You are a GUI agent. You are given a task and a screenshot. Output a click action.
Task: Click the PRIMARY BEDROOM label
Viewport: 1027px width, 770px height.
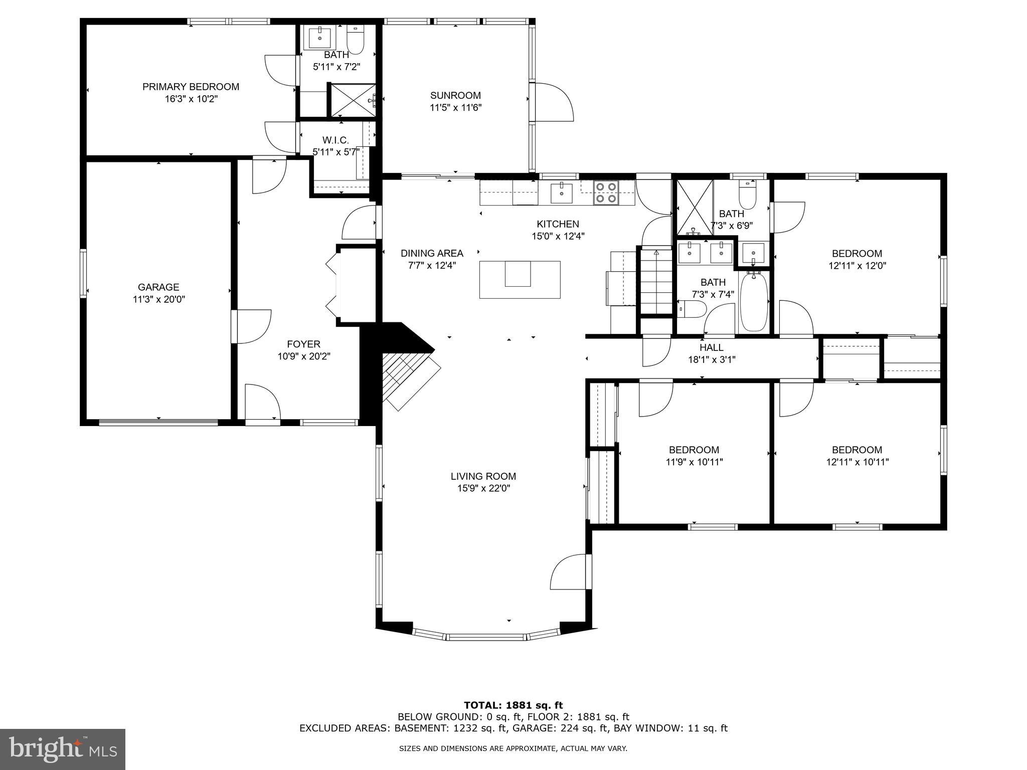click(x=191, y=87)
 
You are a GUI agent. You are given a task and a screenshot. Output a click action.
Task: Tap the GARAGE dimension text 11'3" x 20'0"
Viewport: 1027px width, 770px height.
click(x=158, y=300)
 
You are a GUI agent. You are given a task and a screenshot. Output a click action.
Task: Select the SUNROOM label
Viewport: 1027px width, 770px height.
click(x=455, y=95)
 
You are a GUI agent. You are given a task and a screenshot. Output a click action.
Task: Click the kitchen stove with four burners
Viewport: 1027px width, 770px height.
click(x=606, y=192)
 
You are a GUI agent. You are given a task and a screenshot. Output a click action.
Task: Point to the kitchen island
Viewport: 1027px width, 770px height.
click(x=519, y=279)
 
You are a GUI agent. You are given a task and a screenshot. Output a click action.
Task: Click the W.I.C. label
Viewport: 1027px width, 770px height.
click(x=335, y=140)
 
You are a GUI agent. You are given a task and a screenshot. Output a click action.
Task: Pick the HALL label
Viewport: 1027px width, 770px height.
click(x=711, y=347)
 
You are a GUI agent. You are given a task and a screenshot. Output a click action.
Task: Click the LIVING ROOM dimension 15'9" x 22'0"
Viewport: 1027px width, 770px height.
click(x=483, y=489)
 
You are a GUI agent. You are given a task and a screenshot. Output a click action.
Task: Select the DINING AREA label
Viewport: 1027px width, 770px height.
click(x=431, y=253)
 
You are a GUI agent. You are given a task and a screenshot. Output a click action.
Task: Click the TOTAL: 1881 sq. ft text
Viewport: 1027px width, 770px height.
click(x=513, y=705)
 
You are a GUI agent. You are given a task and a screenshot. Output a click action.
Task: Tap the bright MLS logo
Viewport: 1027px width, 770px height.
click(x=63, y=749)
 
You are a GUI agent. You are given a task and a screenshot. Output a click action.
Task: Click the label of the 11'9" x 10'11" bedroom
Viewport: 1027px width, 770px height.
click(x=694, y=450)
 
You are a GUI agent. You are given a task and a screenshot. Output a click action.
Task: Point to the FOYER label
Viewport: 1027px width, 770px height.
click(x=303, y=344)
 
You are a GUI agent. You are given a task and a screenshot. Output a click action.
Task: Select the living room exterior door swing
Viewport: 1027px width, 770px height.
click(x=569, y=572)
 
